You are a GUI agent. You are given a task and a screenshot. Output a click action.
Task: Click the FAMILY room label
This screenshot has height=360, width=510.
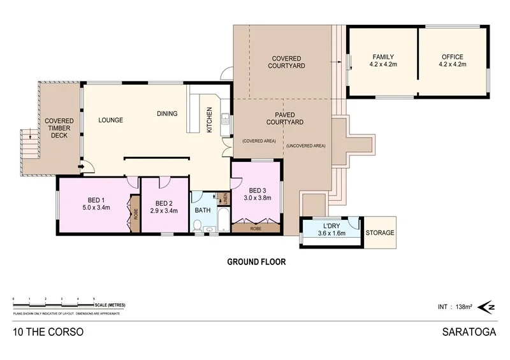(x=382, y=57)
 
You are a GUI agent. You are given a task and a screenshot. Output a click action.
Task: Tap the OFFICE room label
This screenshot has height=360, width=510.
(x=453, y=57)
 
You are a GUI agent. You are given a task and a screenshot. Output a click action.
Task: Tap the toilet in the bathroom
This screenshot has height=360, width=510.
(x=198, y=225)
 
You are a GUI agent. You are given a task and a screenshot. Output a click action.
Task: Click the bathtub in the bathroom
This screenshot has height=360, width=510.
(x=222, y=219)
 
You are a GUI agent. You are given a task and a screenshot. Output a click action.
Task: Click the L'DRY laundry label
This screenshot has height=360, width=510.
(x=331, y=226)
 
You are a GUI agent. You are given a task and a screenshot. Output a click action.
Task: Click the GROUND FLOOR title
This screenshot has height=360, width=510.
(x=256, y=261)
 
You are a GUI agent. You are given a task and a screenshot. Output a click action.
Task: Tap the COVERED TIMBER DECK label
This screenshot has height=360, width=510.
(x=59, y=127)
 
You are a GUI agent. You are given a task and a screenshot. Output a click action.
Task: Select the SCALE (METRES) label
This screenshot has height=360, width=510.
(x=108, y=305)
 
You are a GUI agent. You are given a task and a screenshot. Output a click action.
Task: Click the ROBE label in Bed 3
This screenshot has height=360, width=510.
(x=256, y=228)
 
